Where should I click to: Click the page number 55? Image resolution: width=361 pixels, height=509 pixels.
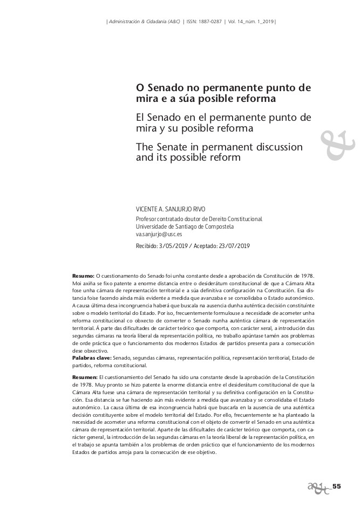coord(337,486)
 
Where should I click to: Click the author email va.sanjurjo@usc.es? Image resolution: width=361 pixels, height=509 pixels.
coord(159,235)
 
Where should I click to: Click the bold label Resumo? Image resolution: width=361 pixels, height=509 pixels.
coord(83,276)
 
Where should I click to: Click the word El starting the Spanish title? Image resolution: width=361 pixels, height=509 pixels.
coord(140,118)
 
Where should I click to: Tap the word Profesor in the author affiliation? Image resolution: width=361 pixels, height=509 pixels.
coord(147,219)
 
